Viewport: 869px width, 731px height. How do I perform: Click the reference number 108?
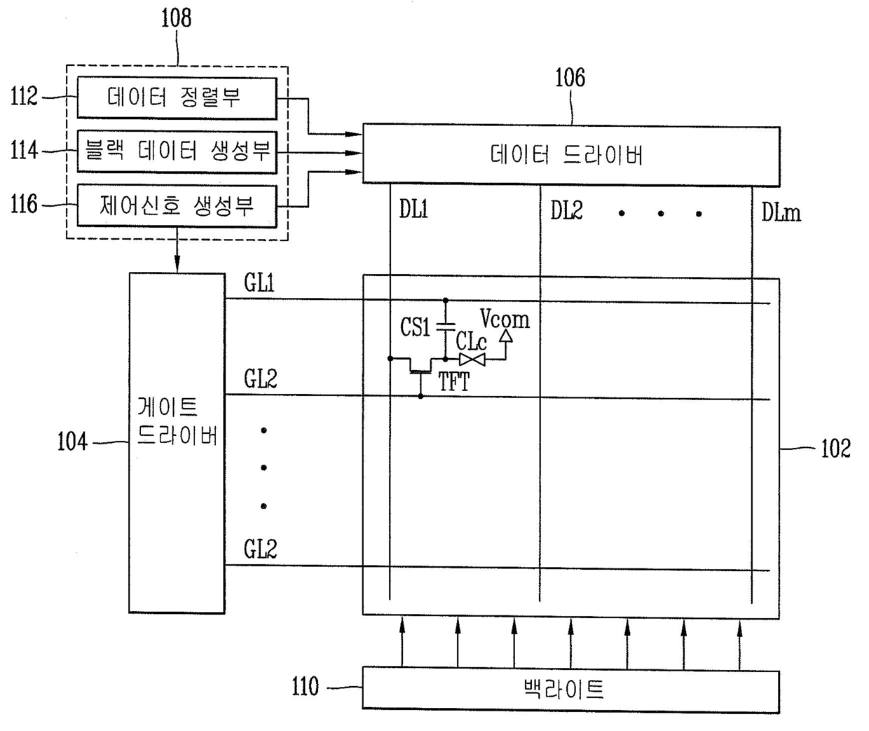coord(176,18)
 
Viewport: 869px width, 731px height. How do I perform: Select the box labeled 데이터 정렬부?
coord(176,97)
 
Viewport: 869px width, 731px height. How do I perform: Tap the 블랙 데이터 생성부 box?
coord(176,151)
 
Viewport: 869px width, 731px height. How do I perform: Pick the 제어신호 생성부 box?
coord(176,205)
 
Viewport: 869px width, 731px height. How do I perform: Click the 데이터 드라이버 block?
coord(570,155)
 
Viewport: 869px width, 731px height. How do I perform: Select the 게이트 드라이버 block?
coord(177,442)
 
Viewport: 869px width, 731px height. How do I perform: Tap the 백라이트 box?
coord(570,690)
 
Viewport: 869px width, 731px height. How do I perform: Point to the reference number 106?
coord(570,77)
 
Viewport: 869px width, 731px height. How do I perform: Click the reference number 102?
coord(835,449)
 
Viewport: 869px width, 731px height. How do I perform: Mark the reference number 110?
coord(305,687)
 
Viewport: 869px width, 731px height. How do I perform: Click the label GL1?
coord(259,282)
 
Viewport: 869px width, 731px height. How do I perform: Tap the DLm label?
coord(781,212)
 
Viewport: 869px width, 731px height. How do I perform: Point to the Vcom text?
coord(505,320)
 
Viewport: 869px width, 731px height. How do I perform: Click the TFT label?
coord(453,382)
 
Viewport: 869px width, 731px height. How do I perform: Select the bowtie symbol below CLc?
coord(472,360)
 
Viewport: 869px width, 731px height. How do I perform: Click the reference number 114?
coord(24,150)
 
